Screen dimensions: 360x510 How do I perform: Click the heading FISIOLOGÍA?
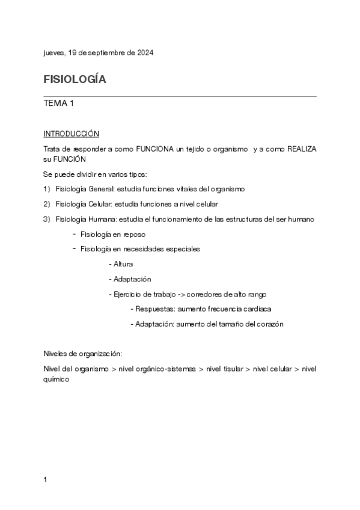[75, 79]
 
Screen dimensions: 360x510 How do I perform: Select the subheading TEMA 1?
[59, 103]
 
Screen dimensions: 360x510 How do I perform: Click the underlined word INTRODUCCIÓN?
[71, 133]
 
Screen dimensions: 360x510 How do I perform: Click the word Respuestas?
[156, 309]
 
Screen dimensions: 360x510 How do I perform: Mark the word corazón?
[269, 324]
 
